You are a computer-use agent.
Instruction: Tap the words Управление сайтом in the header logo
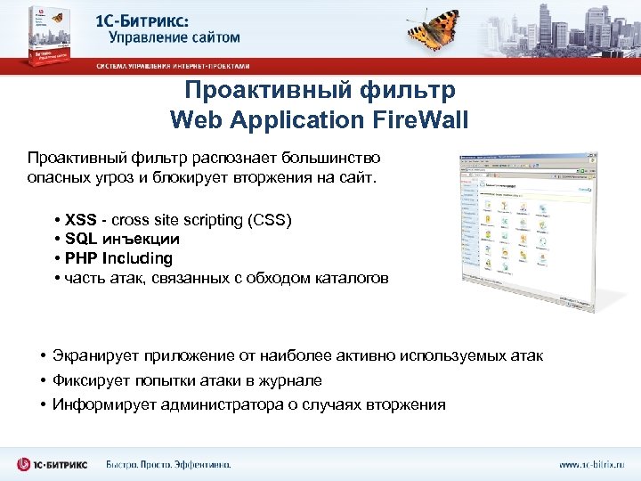pyautogui.click(x=174, y=37)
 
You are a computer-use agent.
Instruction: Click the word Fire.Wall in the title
pyautogui.click(x=418, y=118)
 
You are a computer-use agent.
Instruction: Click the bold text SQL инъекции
pyautogui.click(x=122, y=239)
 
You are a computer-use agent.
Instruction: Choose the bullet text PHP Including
pyautogui.click(x=118, y=258)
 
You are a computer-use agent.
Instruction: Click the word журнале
pyautogui.click(x=289, y=380)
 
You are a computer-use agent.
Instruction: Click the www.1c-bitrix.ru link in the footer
pyautogui.click(x=591, y=464)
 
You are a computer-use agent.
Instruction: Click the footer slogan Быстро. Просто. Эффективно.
pyautogui.click(x=168, y=464)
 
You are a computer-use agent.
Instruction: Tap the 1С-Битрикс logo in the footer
pyautogui.click(x=54, y=464)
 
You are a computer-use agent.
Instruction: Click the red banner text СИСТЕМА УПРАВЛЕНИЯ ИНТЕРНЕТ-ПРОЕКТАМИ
pyautogui.click(x=173, y=66)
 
